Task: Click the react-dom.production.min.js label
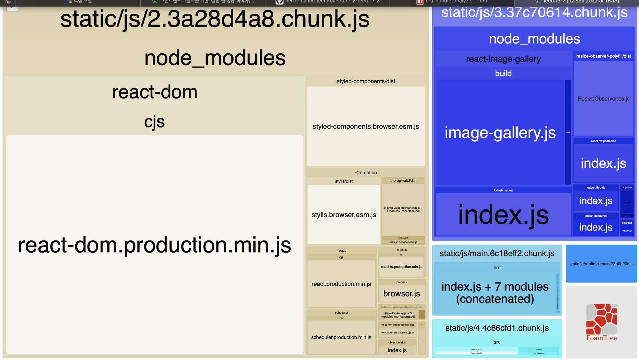(155, 245)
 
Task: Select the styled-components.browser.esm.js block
(366, 126)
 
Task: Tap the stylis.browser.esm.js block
(344, 215)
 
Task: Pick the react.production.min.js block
(341, 284)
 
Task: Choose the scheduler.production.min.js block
(341, 337)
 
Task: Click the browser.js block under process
(402, 293)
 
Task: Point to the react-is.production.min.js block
(401, 267)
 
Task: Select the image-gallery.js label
(500, 133)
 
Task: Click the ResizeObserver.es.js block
(604, 99)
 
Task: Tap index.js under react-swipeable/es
(604, 163)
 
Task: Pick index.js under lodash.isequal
(504, 215)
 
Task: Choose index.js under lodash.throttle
(596, 201)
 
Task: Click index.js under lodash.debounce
(596, 227)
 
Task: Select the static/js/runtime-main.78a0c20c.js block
(601, 264)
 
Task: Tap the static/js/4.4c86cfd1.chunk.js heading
(497, 328)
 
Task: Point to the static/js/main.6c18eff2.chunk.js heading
(497, 254)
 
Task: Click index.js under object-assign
(397, 350)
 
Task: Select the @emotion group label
(366, 173)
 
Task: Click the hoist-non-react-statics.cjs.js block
(397, 333)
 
